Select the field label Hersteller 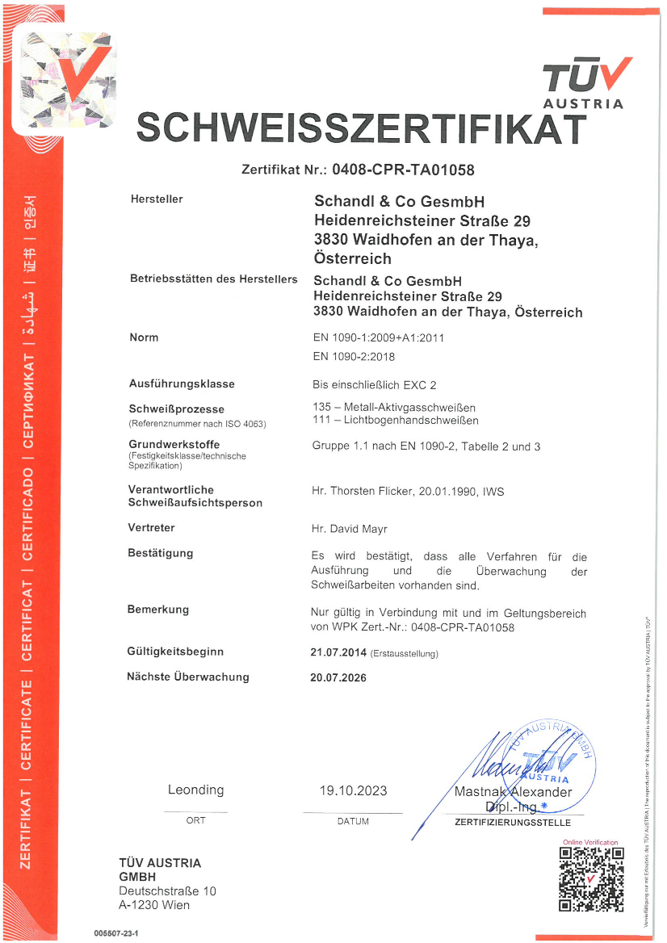pyautogui.click(x=157, y=199)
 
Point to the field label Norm pyautogui.click(x=144, y=337)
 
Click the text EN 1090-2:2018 pyautogui.click(x=354, y=356)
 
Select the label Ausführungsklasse pyautogui.click(x=182, y=384)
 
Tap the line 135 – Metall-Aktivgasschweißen pyautogui.click(x=393, y=406)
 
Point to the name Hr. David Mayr pyautogui.click(x=350, y=529)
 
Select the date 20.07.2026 pyautogui.click(x=338, y=678)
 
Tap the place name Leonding pyautogui.click(x=196, y=790)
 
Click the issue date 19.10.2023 pyautogui.click(x=353, y=790)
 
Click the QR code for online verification pyautogui.click(x=591, y=879)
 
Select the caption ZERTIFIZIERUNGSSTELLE pyautogui.click(x=513, y=823)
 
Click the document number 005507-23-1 pyautogui.click(x=122, y=933)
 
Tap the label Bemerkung pyautogui.click(x=158, y=610)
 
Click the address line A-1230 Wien pyautogui.click(x=154, y=905)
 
